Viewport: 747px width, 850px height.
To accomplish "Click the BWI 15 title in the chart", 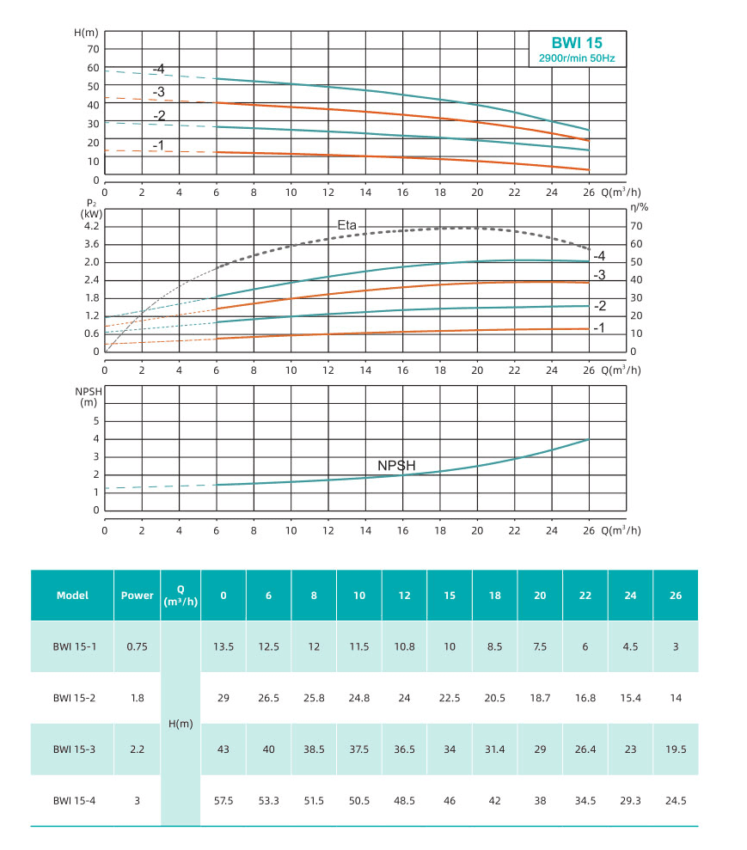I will pos(577,42).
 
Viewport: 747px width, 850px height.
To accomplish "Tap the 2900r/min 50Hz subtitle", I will pos(577,58).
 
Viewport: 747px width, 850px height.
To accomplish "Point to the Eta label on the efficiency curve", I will pos(346,224).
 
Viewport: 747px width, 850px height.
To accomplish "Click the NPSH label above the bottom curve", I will pos(396,465).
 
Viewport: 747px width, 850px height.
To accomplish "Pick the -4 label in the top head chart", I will pos(158,69).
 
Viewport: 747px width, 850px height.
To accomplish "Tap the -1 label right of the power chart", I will pos(599,327).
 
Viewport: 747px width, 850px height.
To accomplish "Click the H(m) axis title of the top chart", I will pos(87,32).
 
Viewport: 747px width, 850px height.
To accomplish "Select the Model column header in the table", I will pos(72,595).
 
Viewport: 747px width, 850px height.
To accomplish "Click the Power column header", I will pos(138,595).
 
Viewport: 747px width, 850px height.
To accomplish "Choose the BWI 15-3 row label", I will pos(72,749).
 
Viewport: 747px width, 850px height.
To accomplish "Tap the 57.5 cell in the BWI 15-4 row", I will pos(223,800).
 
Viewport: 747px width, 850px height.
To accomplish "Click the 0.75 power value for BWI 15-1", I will pos(138,646).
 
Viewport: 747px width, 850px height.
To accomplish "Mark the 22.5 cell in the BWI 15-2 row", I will pos(450,698).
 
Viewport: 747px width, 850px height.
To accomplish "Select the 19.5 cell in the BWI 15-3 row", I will pos(676,749).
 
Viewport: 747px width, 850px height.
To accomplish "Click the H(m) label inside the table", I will pos(180,724).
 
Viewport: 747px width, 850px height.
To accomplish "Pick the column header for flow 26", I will pos(676,595).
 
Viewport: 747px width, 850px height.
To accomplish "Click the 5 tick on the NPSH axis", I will pos(97,421).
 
